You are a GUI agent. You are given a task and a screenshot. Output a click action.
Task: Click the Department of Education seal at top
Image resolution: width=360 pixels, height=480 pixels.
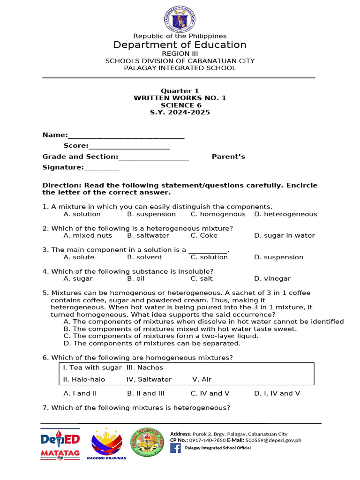click(180, 20)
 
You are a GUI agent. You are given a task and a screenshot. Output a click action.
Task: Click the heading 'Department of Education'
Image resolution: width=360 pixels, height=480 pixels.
click(180, 45)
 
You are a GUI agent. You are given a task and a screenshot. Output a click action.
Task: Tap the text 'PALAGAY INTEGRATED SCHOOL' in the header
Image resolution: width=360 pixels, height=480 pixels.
click(180, 68)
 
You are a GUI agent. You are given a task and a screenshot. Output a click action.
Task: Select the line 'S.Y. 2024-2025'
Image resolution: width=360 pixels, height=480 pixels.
click(180, 112)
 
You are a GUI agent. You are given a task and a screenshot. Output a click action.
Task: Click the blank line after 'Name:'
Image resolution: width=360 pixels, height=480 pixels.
click(126, 136)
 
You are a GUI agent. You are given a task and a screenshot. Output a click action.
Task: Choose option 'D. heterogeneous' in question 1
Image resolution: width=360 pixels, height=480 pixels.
click(285, 214)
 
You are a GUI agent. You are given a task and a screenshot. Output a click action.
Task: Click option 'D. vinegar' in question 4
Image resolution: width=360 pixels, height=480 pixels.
click(272, 279)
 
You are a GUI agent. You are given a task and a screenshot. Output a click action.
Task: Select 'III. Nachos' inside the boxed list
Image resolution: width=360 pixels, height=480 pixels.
click(145, 368)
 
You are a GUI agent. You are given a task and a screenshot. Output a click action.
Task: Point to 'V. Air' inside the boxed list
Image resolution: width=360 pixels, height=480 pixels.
click(202, 380)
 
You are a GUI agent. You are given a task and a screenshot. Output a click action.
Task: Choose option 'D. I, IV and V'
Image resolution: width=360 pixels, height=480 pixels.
click(277, 394)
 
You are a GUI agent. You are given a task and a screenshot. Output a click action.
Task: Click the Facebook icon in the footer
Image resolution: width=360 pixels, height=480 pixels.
click(175, 448)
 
